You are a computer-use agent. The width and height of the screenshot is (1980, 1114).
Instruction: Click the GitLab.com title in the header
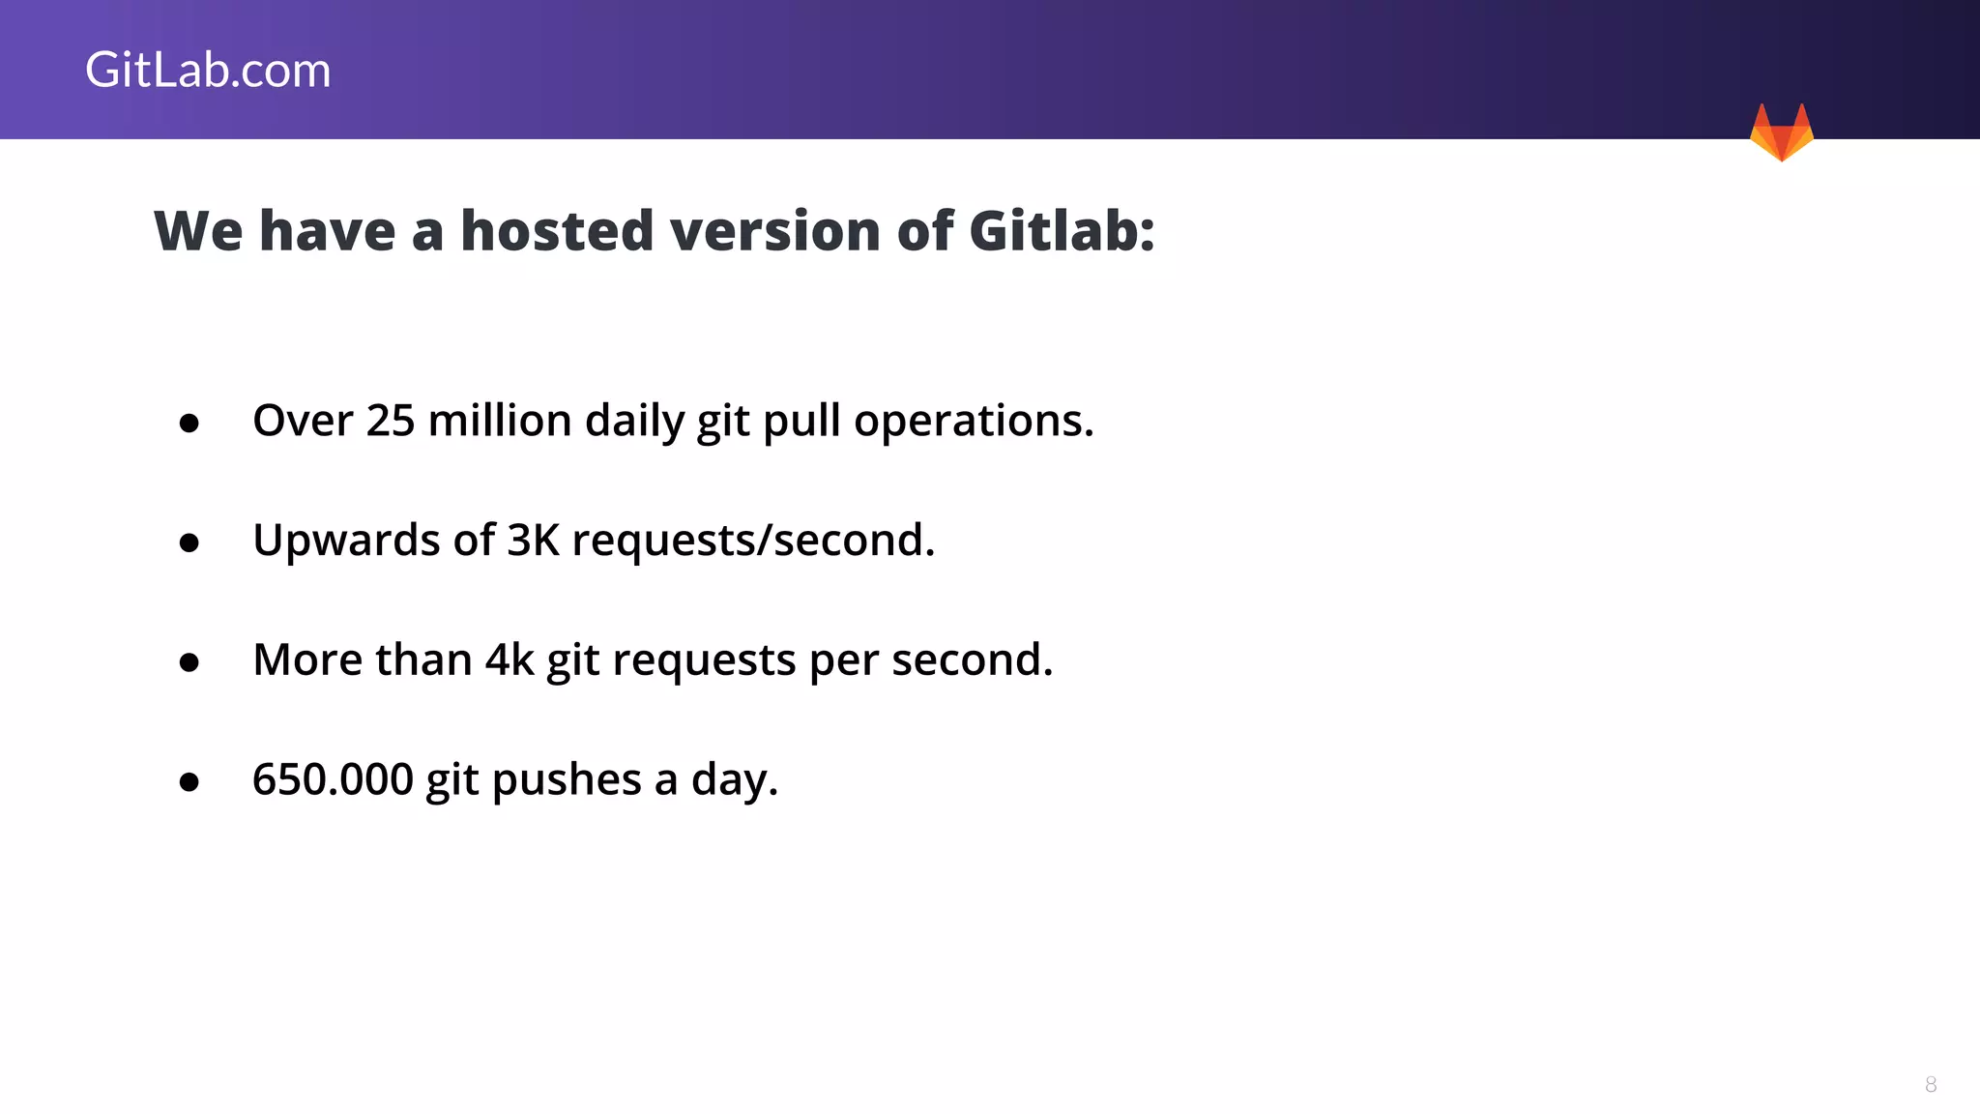[208, 71]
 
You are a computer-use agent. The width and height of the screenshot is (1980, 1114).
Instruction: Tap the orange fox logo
[1781, 133]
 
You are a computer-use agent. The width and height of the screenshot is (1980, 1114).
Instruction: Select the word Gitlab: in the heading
[1062, 231]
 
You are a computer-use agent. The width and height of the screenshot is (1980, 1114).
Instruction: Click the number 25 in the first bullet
[391, 421]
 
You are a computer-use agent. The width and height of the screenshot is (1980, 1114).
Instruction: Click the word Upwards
[346, 541]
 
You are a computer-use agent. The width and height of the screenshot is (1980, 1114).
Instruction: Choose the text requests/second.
[753, 541]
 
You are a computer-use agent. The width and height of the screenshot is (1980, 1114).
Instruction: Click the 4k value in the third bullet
[510, 660]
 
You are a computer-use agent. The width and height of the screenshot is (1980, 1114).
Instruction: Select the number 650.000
[333, 779]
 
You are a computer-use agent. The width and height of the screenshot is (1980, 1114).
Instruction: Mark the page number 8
[1931, 1085]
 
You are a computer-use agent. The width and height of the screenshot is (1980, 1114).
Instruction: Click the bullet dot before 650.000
[189, 781]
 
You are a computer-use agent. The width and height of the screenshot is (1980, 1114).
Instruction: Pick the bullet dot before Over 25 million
[189, 423]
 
